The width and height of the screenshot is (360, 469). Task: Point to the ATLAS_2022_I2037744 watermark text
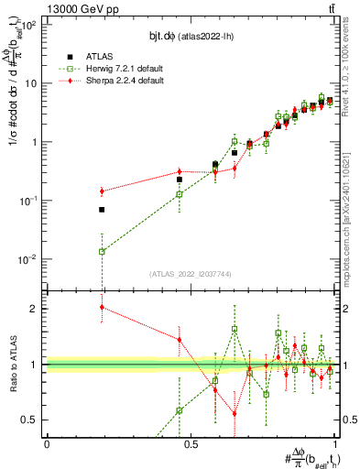191,274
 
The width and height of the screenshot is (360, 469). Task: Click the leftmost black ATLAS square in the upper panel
102,210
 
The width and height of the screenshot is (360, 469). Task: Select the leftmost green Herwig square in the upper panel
102,251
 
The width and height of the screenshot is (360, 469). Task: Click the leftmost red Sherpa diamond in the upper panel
102,191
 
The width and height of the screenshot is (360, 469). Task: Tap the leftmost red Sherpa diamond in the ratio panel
102,307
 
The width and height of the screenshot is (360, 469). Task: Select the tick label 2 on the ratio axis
37,309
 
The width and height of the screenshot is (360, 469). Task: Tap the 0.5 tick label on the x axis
191,444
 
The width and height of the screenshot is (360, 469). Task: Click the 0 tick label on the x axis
47,444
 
